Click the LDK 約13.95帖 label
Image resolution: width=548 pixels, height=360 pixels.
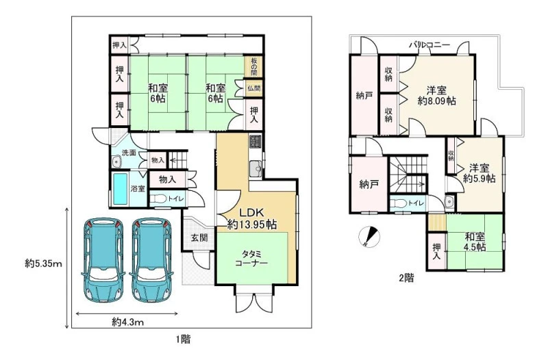[252, 218]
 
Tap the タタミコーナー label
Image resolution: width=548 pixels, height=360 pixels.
[251, 258]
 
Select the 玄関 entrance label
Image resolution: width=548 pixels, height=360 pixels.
[199, 237]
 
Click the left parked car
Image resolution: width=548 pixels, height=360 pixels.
[103, 259]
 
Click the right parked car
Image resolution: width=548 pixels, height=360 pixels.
[151, 259]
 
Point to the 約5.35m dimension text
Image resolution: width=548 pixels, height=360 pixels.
[43, 263]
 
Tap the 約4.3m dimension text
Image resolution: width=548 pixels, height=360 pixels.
[127, 322]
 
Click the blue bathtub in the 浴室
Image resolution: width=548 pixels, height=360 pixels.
[120, 189]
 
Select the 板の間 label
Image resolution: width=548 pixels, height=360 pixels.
[254, 66]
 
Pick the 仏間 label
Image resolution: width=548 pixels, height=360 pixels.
[254, 88]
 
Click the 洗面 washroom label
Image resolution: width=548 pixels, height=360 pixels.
[129, 153]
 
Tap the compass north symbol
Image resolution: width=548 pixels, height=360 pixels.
[369, 237]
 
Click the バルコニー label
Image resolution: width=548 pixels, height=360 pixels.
[429, 44]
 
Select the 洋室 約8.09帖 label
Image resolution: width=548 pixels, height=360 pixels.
[436, 96]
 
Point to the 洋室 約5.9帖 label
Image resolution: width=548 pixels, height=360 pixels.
[479, 173]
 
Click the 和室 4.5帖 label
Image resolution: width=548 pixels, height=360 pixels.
[475, 242]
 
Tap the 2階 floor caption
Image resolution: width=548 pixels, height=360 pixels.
[406, 278]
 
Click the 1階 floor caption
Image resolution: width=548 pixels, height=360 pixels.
[183, 339]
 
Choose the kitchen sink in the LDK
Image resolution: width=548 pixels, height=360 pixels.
[256, 169]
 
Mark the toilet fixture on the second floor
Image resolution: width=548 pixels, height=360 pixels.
[399, 203]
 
